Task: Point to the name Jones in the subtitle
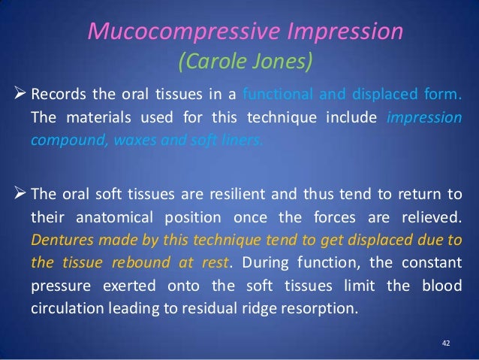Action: click(285, 59)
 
